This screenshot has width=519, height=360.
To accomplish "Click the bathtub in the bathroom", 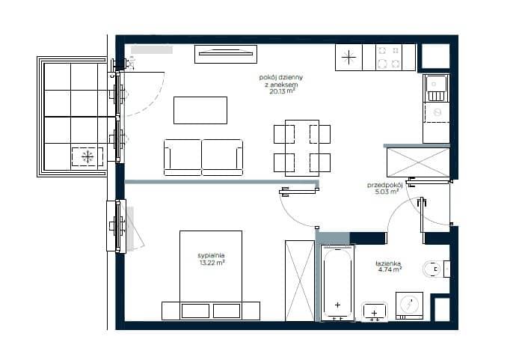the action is coord(337,282).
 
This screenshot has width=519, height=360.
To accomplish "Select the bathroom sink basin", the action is coord(375,311).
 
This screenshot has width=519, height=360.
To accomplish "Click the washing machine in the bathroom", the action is coord(409,305).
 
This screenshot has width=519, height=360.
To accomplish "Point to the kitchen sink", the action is coord(436,88).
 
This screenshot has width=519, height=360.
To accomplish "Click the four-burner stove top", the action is coord(389,57).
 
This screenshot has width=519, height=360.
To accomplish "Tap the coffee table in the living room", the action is coord(200,110).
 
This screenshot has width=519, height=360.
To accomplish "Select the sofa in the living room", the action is coord(203,157).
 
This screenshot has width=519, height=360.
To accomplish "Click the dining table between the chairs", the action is coord(302,147).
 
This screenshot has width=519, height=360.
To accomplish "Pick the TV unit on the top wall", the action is coord(226,54).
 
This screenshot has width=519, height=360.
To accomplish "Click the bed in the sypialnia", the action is coord(211,275).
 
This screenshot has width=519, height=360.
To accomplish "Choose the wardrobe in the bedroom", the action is coord(300,281).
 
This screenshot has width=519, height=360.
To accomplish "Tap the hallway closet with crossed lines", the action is coord(418,162).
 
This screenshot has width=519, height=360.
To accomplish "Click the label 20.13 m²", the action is coord(282,91).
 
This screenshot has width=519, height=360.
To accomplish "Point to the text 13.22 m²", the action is coord(212,263).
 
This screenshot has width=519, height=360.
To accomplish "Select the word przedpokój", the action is coord(384,185).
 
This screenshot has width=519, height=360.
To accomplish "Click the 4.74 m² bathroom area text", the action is coord(390,269).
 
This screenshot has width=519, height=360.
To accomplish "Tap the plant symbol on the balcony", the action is coord(87,156).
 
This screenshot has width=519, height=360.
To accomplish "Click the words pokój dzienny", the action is coord(281,77).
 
